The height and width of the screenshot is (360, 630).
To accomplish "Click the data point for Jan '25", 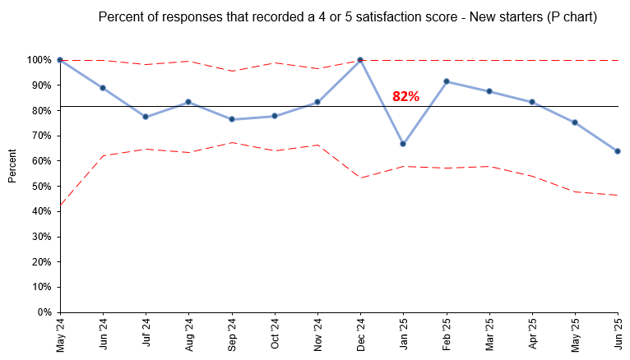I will click(403, 144).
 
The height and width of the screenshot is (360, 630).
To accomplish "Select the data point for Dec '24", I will click(360, 60).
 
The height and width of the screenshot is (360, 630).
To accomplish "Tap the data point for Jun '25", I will click(618, 151).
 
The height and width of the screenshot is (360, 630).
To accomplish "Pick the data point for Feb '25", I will click(447, 81).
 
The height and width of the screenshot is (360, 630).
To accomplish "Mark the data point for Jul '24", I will click(146, 117).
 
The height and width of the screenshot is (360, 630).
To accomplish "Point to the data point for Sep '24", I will click(232, 119).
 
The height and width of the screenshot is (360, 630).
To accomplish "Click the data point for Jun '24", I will click(103, 88).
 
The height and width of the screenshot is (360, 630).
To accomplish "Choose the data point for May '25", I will click(575, 122).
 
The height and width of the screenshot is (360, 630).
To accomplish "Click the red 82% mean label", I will click(405, 96).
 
